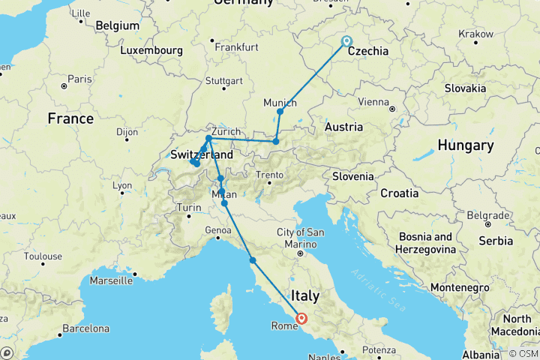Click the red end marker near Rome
(301, 318)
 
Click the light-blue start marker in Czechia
(346, 41)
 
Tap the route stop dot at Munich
(280, 112)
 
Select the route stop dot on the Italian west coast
(253, 260)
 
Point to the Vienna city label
(373, 101)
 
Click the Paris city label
(79, 78)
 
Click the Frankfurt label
(235, 46)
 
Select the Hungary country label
(466, 145)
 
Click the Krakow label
(476, 34)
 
